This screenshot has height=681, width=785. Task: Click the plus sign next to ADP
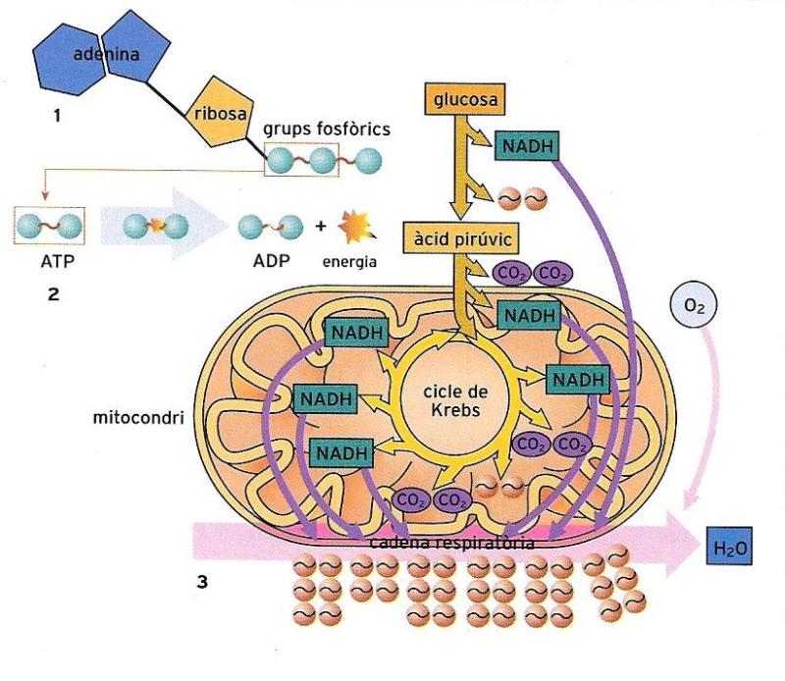tap(320, 228)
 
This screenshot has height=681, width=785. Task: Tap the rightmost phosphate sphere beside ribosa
tap(368, 158)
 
